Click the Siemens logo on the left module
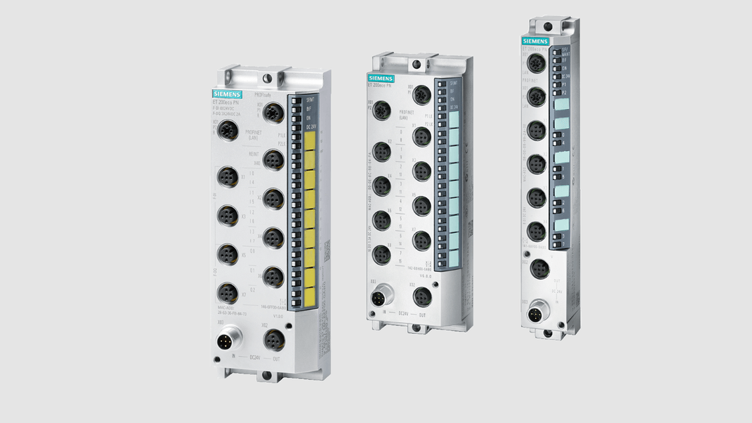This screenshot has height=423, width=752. [227, 94]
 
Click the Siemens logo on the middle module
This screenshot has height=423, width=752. [380, 78]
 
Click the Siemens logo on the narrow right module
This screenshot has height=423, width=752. [535, 41]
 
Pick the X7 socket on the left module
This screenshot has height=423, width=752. [227, 292]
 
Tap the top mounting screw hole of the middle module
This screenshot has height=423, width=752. [417, 65]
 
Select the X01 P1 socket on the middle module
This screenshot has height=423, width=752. [421, 94]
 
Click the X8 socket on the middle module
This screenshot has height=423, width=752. [382, 254]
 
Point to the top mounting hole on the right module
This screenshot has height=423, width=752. [547, 26]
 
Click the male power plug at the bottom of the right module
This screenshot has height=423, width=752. [536, 314]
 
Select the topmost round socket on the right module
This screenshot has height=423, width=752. [536, 63]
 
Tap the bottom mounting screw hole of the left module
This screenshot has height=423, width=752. [266, 375]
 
